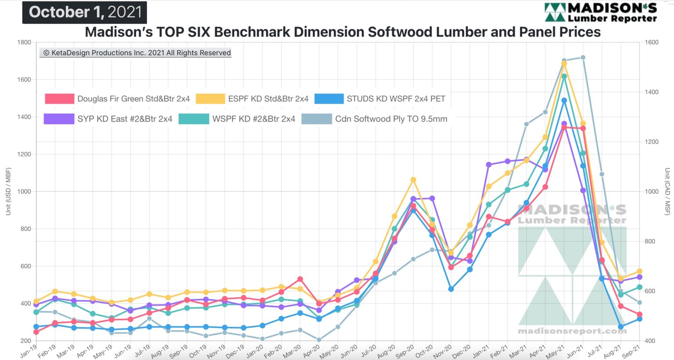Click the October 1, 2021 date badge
click(x=85, y=12)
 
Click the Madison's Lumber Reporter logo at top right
click(x=600, y=12)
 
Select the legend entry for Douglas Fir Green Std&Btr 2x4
click(x=117, y=99)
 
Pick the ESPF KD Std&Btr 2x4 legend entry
click(x=252, y=99)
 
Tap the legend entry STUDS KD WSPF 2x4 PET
click(x=380, y=99)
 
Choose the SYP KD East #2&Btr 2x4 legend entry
click(x=108, y=119)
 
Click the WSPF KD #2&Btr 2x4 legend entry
click(x=237, y=119)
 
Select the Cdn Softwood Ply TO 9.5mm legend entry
click(x=374, y=119)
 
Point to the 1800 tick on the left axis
click(x=24, y=43)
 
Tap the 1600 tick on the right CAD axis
click(x=652, y=43)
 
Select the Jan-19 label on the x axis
click(x=29, y=351)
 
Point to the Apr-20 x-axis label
click(x=312, y=351)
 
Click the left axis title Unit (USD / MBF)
click(x=8, y=191)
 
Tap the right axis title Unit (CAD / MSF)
click(x=667, y=191)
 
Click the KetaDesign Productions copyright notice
click(x=136, y=53)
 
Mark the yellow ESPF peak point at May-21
click(x=564, y=64)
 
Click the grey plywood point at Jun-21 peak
click(x=583, y=58)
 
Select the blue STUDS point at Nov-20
click(x=451, y=289)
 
